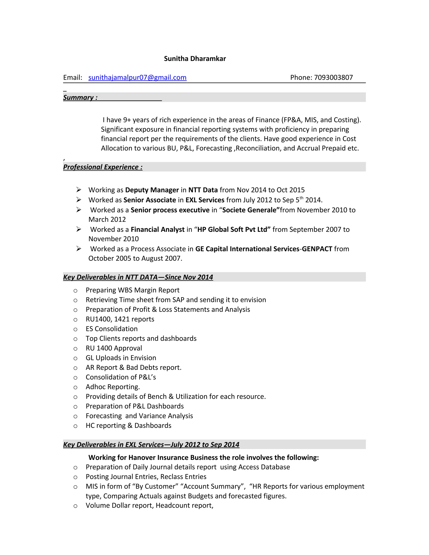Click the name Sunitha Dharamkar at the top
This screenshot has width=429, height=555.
pyautogui.click(x=195, y=59)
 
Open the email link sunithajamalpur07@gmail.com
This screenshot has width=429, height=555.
pyautogui.click(x=137, y=77)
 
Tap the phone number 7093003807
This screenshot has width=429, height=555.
pyautogui.click(x=333, y=77)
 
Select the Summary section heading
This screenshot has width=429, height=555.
pyautogui.click(x=80, y=98)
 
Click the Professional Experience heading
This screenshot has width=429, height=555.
pyautogui.click(x=103, y=167)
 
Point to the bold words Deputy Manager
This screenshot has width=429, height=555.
pyautogui.click(x=152, y=190)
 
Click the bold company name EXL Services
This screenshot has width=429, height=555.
pyautogui.click(x=205, y=200)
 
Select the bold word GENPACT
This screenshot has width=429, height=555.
pyautogui.click(x=317, y=249)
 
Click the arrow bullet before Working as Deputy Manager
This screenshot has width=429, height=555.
pyautogui.click(x=79, y=190)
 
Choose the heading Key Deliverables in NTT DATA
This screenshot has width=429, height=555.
pyautogui.click(x=138, y=277)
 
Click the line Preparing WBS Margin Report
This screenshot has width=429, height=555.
pyautogui.click(x=132, y=290)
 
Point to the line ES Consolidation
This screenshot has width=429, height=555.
pyautogui.click(x=112, y=329)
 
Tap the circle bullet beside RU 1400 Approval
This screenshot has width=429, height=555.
pyautogui.click(x=75, y=349)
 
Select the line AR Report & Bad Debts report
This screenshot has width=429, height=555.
pyautogui.click(x=133, y=368)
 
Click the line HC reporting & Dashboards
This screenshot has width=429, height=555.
pyautogui.click(x=128, y=425)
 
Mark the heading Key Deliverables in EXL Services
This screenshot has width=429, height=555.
pyautogui.click(x=151, y=444)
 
